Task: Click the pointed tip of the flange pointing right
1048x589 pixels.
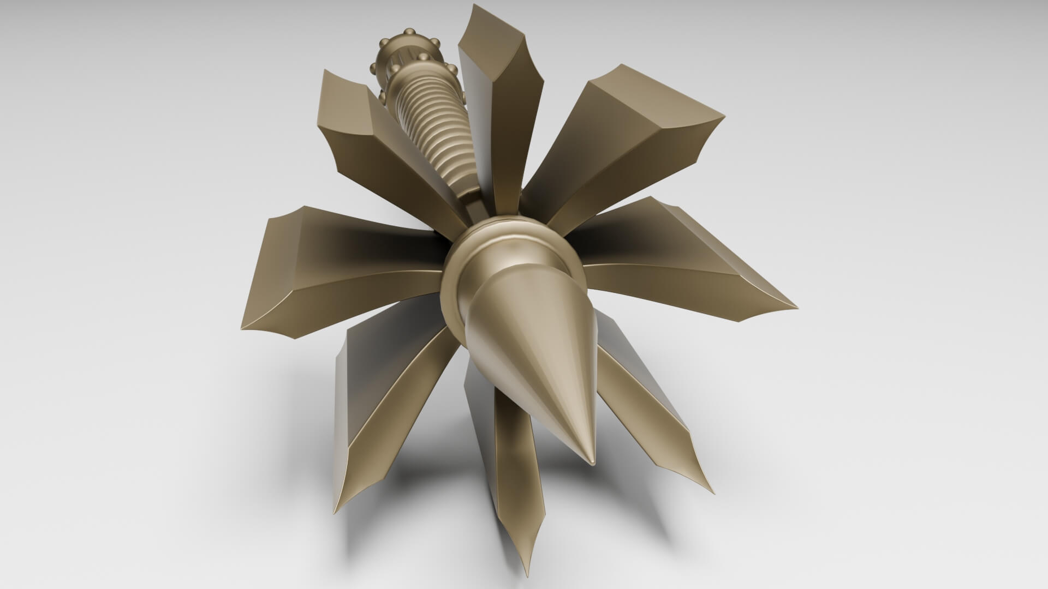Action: tap(796, 305)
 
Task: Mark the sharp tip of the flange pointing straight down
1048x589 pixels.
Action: tap(528, 545)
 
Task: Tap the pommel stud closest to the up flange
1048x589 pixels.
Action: tap(452, 69)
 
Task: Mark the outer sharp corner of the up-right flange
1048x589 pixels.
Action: tap(725, 116)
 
